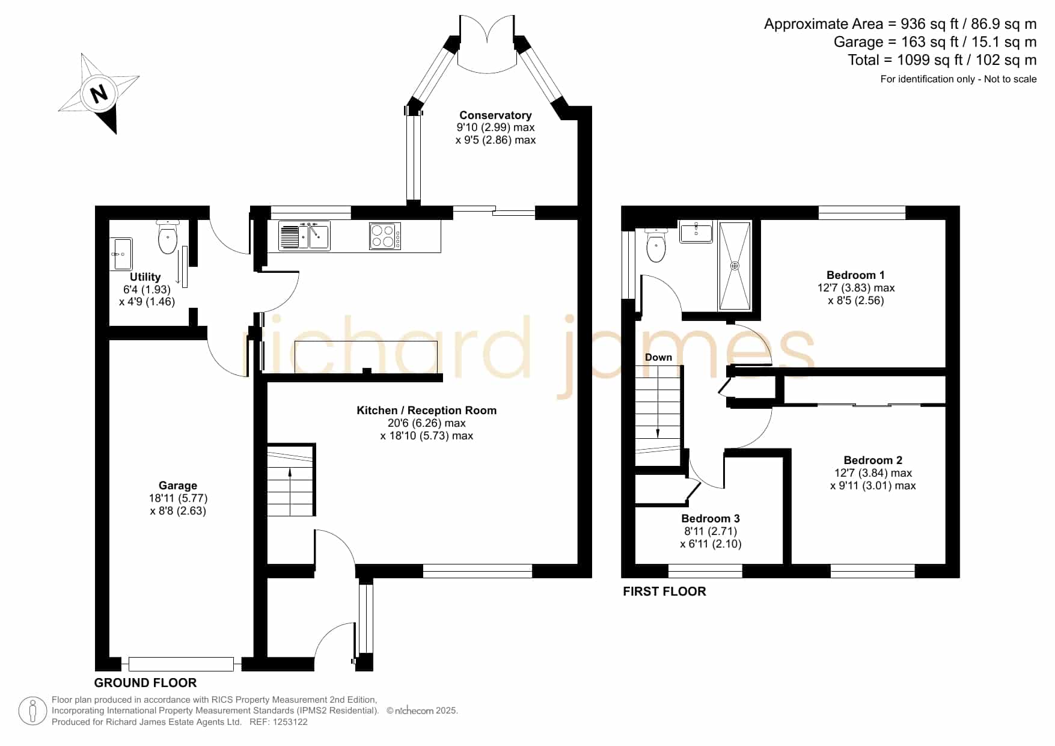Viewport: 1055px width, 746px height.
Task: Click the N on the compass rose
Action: [x=99, y=93]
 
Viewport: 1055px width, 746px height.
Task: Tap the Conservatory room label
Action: [x=495, y=115]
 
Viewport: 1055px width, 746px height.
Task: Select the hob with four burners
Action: [x=385, y=236]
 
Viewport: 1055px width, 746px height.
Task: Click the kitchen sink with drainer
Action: [x=304, y=236]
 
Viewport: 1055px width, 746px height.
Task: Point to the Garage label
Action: [x=178, y=485]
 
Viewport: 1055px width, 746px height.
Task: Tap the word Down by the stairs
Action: [x=658, y=357]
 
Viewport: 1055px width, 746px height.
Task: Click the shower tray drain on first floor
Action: [x=735, y=265]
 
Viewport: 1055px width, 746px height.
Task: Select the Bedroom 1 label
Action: [x=855, y=275]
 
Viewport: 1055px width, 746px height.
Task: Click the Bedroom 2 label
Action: [x=873, y=460]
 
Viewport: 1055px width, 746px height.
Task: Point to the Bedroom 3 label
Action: [x=711, y=518]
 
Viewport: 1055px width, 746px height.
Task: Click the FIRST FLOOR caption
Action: [x=664, y=592]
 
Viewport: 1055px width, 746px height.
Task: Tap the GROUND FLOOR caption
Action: [x=145, y=683]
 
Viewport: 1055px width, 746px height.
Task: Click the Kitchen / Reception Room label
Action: [x=427, y=410]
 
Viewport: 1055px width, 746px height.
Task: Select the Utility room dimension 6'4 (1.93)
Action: [x=147, y=289]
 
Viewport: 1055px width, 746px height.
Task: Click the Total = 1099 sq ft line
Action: [x=942, y=60]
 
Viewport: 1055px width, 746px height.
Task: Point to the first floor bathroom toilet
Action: [x=656, y=246]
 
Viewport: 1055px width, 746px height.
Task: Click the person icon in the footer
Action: [x=32, y=711]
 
